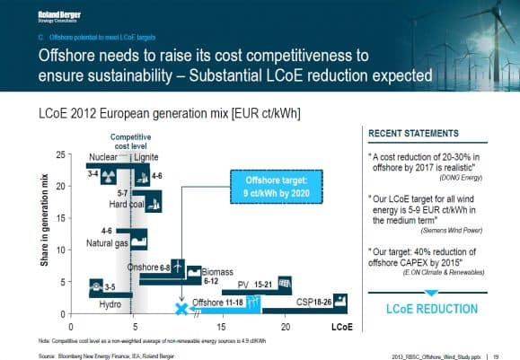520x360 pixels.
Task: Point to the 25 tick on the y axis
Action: (60, 154)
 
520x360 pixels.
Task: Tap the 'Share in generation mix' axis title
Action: (45, 231)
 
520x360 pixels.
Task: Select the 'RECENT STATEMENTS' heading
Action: (412, 134)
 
